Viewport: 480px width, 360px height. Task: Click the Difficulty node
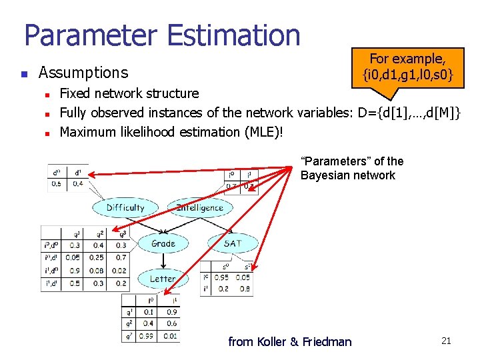pos(125,207)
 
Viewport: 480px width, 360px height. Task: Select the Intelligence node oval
pos(199,207)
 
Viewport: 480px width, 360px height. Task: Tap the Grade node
pos(163,243)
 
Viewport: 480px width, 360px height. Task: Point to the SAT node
pos(233,243)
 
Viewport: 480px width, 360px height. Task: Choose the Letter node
pos(162,279)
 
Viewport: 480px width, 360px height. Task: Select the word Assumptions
pos(83,72)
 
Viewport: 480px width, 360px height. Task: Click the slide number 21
pos(446,341)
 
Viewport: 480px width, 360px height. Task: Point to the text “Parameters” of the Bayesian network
pos(352,168)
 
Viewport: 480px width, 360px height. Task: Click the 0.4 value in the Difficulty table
pos(79,183)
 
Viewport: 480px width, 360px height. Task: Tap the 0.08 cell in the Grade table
pos(97,270)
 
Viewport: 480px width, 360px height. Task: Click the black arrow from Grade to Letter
pos(163,261)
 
